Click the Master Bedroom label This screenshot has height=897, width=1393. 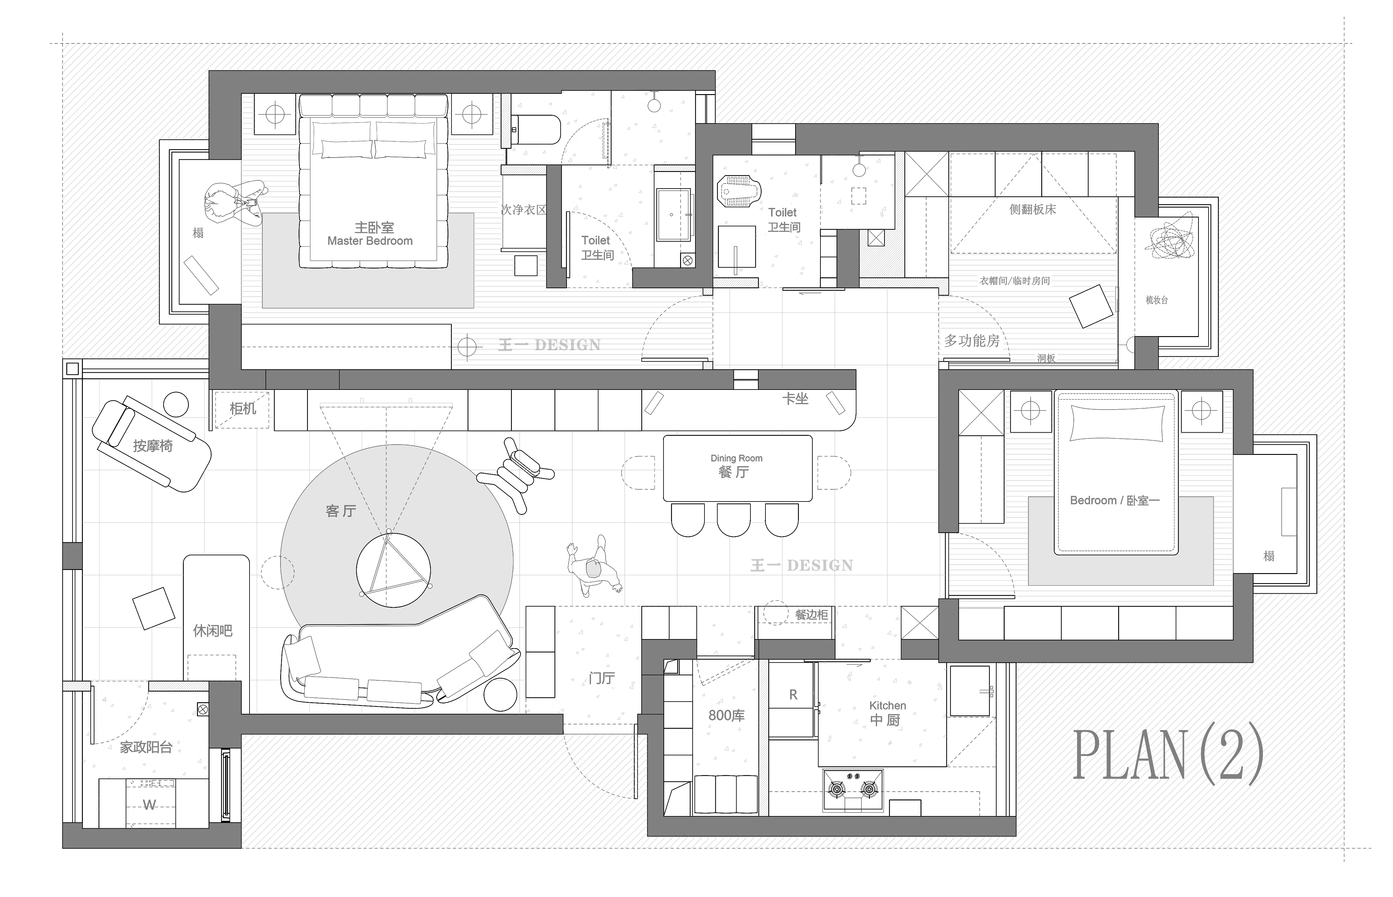click(370, 240)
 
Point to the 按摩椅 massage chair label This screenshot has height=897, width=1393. click(153, 446)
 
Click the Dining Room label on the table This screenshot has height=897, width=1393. click(736, 458)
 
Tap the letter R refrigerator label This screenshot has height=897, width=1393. click(793, 695)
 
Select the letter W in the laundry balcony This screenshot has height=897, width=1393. click(150, 805)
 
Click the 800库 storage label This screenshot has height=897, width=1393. click(726, 715)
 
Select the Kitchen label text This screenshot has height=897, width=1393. click(887, 705)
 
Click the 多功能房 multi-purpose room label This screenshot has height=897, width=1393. click(972, 341)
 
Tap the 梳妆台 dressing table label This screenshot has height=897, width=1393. click(1157, 300)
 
